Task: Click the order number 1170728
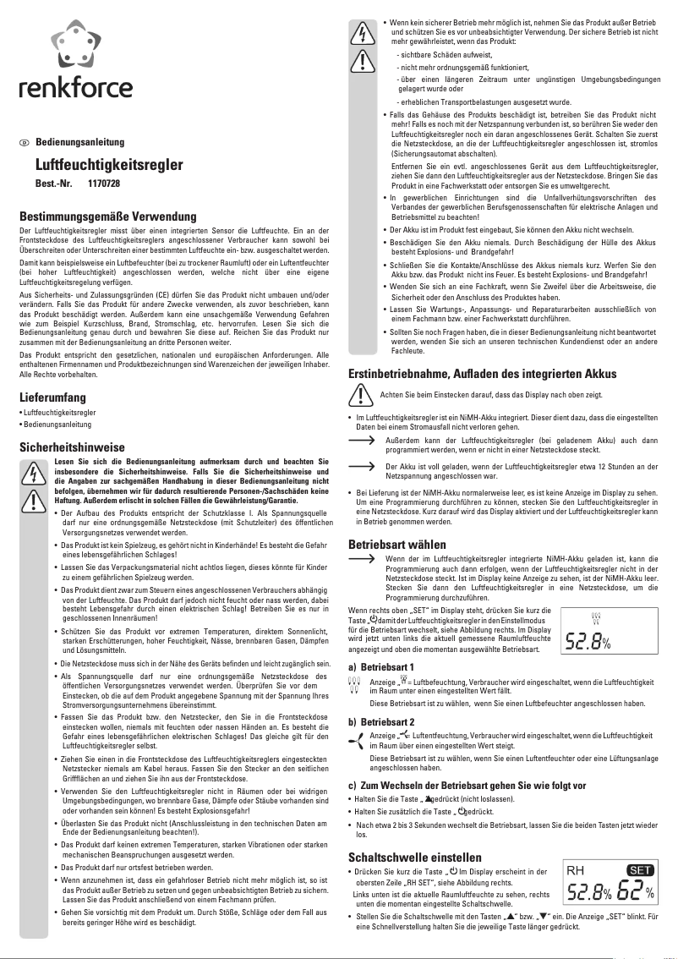click(x=104, y=184)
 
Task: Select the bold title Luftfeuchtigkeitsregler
click(x=109, y=165)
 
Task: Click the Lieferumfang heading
click(x=53, y=397)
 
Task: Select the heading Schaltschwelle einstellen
click(x=415, y=858)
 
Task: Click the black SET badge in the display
click(x=642, y=871)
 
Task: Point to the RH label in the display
click(x=576, y=871)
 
